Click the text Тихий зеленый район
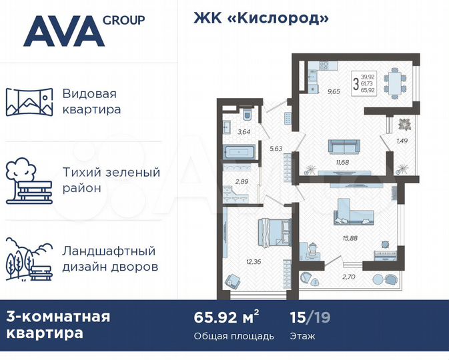pyautogui.click(x=111, y=180)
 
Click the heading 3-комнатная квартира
pyautogui.click(x=59, y=324)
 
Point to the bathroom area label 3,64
pyautogui.click(x=244, y=131)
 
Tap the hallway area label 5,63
pyautogui.click(x=276, y=149)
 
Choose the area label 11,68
pyautogui.click(x=343, y=162)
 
